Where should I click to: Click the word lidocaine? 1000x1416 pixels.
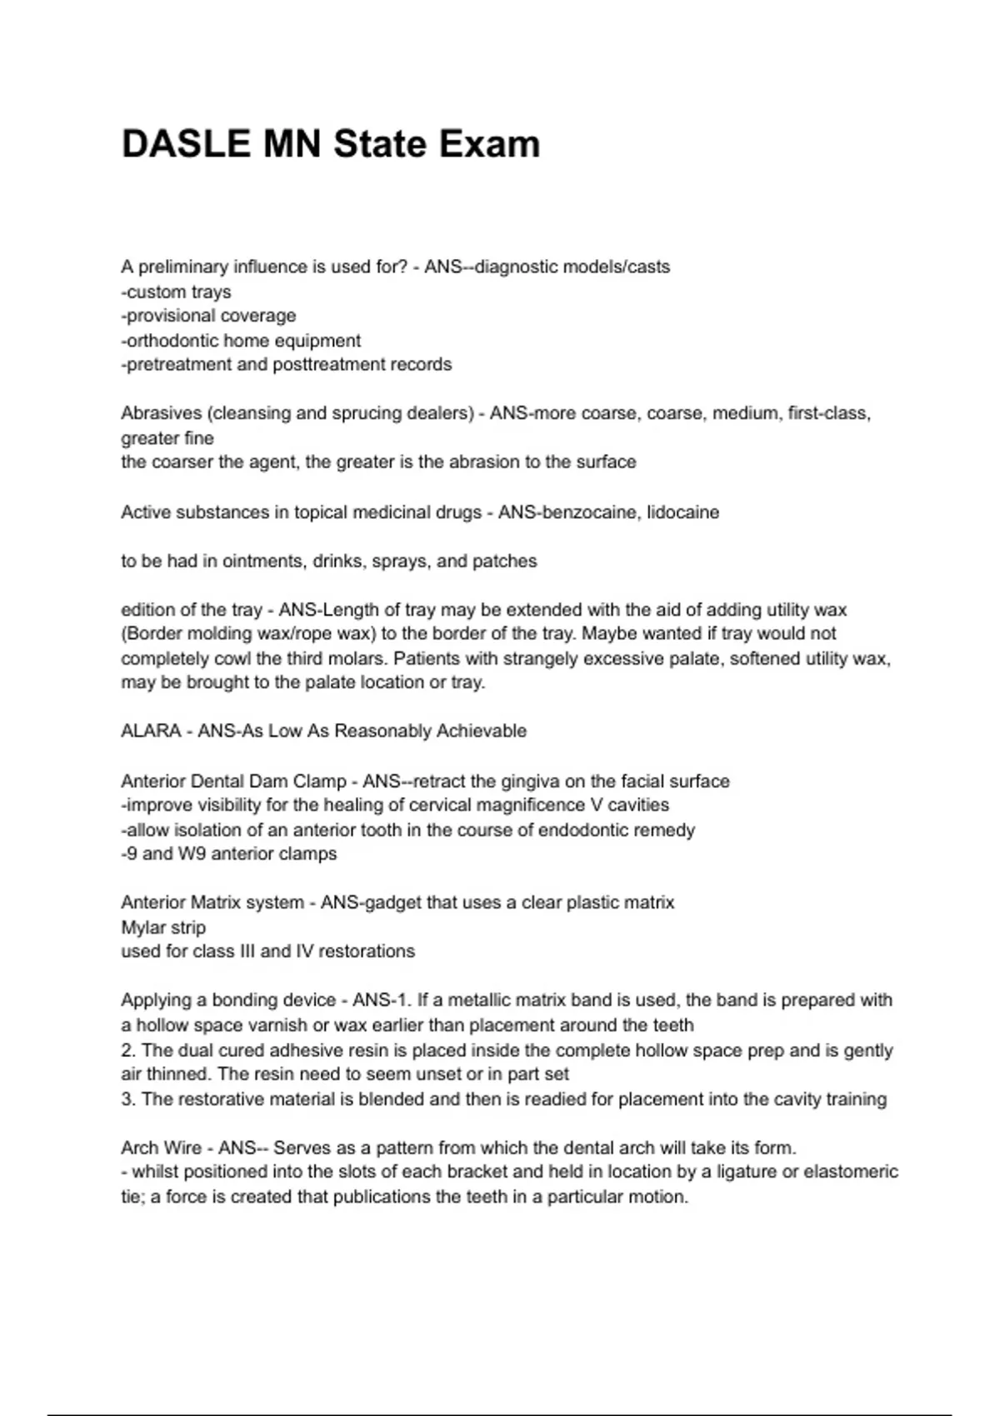[x=682, y=512]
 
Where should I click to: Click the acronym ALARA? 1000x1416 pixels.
[x=151, y=730]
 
